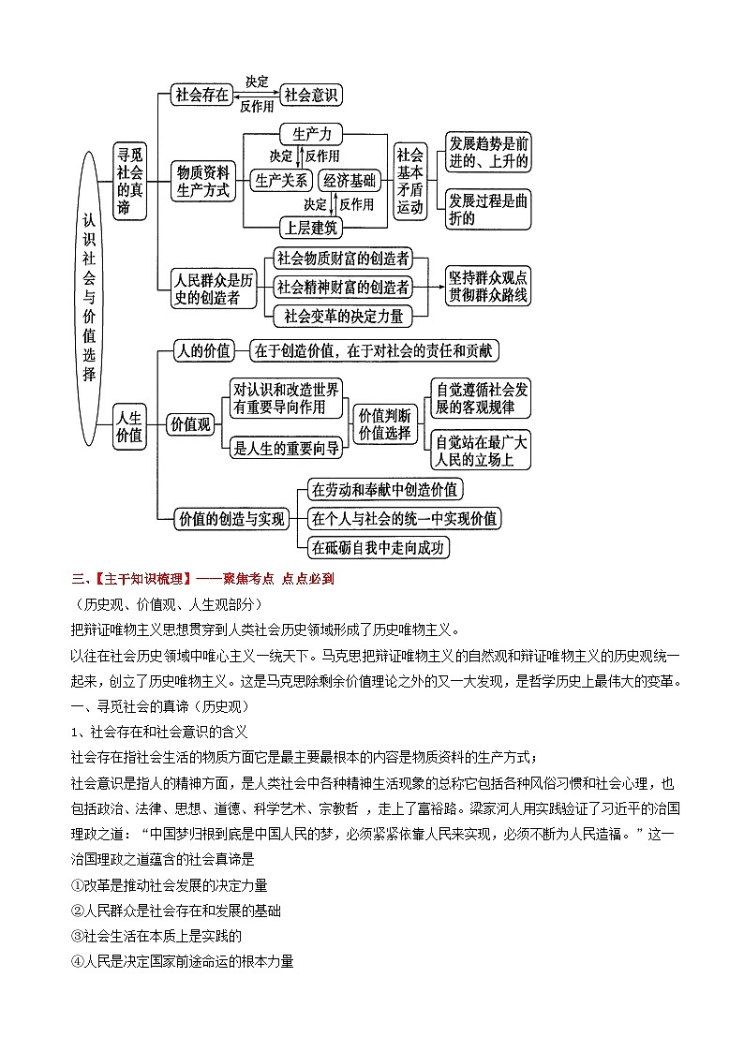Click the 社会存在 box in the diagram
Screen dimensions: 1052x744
[202, 95]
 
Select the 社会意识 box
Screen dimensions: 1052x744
[312, 95]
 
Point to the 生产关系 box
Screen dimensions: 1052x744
[281, 181]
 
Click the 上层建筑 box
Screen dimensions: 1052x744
[313, 227]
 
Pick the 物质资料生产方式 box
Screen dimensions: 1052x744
[203, 181]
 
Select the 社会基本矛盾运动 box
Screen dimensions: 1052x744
[410, 181]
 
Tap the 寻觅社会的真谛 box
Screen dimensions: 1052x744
[130, 181]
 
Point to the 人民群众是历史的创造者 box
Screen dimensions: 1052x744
[214, 289]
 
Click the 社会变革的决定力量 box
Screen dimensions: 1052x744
[343, 316]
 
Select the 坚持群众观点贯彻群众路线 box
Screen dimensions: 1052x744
[488, 288]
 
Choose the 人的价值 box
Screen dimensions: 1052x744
[203, 351]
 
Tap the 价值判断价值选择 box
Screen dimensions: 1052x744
[385, 423]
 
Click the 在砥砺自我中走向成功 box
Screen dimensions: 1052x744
[379, 547]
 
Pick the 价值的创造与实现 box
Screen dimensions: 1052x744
[231, 518]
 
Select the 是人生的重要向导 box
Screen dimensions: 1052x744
[286, 449]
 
